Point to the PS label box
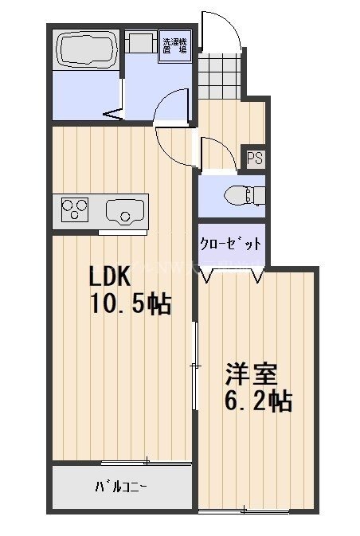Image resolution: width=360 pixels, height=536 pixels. click(255, 158)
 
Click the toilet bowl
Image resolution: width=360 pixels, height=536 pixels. click(239, 194)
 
